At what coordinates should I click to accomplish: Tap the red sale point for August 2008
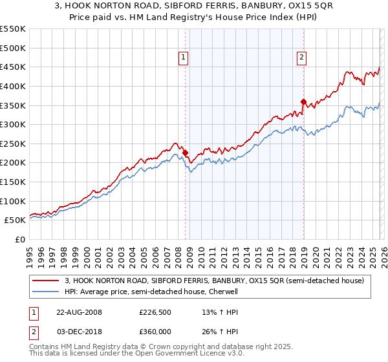(186, 153)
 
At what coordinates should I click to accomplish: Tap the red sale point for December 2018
(303, 101)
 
